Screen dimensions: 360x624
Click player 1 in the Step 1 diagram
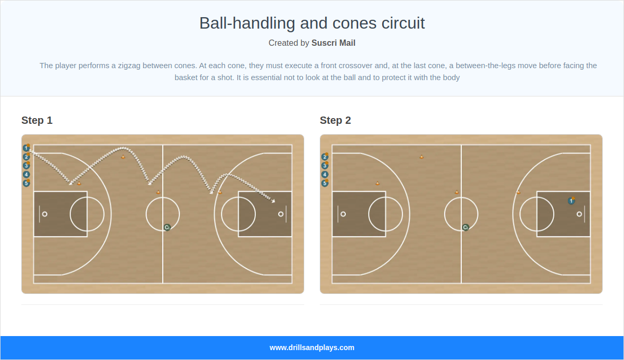[x=26, y=148]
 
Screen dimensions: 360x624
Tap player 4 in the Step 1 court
[x=27, y=174]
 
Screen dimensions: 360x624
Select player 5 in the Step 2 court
[x=325, y=183]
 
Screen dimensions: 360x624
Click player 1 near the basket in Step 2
[x=571, y=201]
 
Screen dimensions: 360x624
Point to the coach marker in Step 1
[x=167, y=227]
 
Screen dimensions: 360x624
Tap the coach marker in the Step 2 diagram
[x=465, y=227]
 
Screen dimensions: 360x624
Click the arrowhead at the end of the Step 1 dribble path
[x=274, y=200]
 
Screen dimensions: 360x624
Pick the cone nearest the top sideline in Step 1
[x=123, y=157]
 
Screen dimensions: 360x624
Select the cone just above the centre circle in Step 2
[x=457, y=192]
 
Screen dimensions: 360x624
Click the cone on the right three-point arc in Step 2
[x=518, y=192]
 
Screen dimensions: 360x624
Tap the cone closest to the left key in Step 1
[x=79, y=183]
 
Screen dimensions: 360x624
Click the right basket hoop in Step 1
[x=281, y=214]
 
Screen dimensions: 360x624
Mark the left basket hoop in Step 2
[x=343, y=214]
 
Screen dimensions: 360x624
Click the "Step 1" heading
[x=37, y=120]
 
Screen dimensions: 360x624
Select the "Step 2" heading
[x=335, y=120]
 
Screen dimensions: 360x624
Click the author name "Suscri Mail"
[x=333, y=43]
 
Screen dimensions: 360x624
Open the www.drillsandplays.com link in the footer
[x=312, y=348]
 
